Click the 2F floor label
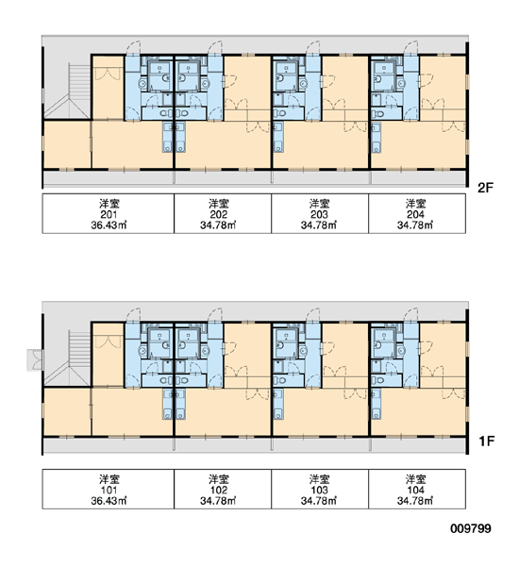pos(485,188)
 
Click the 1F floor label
pos(486,441)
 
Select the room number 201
pos(109,214)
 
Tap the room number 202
pos(219,214)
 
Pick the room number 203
pos(319,214)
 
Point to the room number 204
pos(415,214)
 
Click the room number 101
pos(109,491)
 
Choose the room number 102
pos(219,491)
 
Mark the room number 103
pos(320,491)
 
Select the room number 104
pos(416,491)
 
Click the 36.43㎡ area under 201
pos(109,225)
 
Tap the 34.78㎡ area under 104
pos(415,501)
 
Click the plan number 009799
pos(471,529)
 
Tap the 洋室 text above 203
pos(319,204)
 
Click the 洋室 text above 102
pos(219,480)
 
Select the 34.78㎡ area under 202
pos(218,225)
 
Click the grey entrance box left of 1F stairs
pos(35,360)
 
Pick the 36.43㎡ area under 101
pos(109,501)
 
